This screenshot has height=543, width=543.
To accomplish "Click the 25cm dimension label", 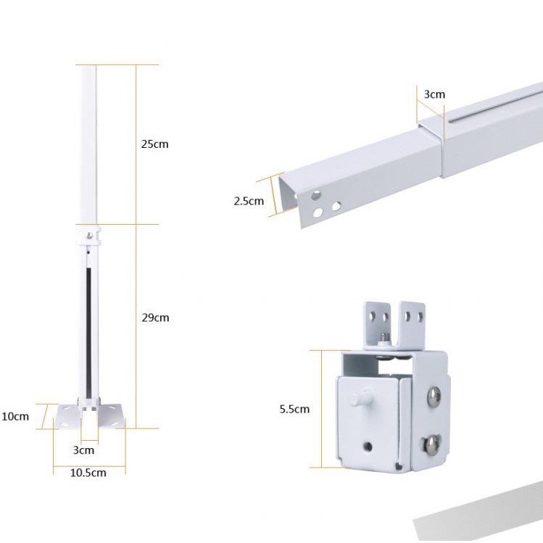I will coord(154,144).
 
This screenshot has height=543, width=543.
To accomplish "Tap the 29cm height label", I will coord(154,318).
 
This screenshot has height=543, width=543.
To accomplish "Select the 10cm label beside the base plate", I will coord(15,416).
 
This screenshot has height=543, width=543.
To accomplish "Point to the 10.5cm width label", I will coord(88,473).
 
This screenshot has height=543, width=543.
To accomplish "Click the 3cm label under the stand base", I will coord(83,449).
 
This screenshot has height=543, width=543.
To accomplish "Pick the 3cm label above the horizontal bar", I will coord(434,94).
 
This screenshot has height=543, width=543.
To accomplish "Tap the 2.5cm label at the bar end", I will coord(249,201).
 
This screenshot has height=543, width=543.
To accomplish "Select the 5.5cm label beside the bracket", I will coord(294,409).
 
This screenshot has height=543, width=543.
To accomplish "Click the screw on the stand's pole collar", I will coord(88,235).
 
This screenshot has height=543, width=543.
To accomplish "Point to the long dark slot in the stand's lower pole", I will coord(87,326).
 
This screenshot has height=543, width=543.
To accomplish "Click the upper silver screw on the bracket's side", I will coord(432,395).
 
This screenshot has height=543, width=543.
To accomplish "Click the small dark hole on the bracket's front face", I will coord(369,447).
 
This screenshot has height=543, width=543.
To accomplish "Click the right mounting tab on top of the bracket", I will coord(413,319).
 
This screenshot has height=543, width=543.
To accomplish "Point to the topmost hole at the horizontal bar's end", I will coord(316,196).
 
